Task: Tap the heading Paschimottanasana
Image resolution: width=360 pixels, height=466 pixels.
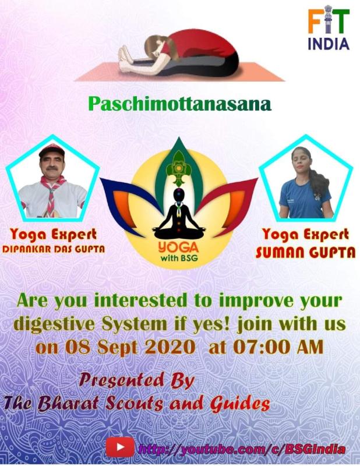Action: tap(179, 104)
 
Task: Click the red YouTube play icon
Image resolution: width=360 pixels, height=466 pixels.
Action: tap(119, 447)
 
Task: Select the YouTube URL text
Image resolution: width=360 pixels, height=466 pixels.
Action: tap(242, 449)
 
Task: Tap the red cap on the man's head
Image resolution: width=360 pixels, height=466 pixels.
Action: tap(52, 151)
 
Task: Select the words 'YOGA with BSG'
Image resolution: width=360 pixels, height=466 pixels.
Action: tap(179, 249)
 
